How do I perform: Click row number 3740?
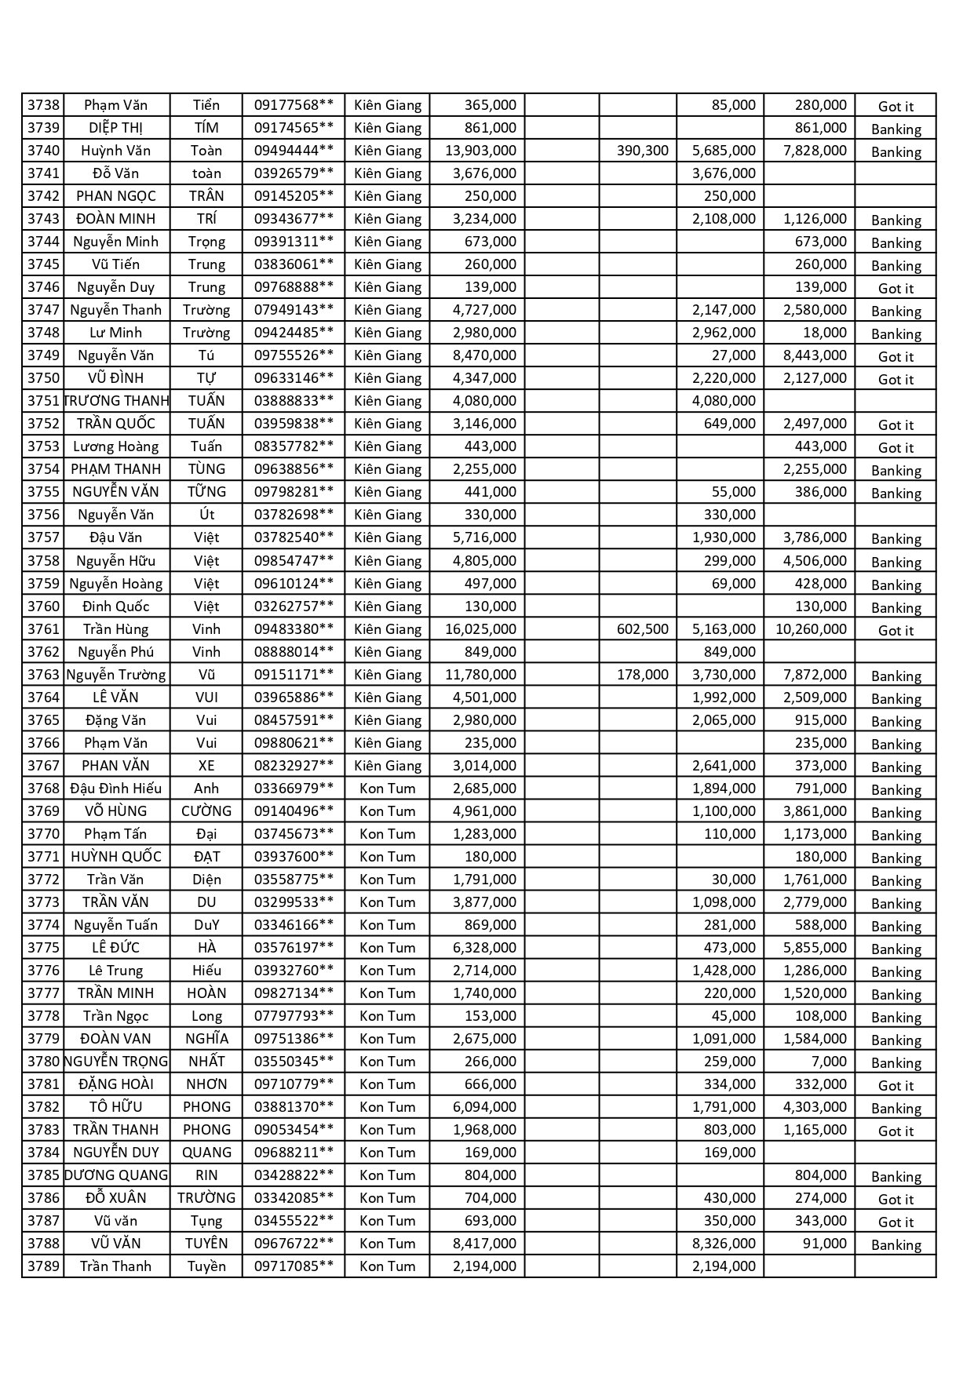(43, 151)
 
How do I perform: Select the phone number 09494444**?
(294, 151)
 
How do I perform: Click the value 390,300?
(642, 151)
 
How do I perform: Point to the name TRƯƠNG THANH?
(116, 401)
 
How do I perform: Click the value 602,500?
(642, 629)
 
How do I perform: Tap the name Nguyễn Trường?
(116, 675)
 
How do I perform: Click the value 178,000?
(642, 675)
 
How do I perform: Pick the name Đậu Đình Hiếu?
(116, 789)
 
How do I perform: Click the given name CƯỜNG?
(206, 811)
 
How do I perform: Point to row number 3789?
(43, 1266)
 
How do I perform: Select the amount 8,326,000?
(724, 1244)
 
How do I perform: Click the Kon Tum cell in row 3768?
(387, 789)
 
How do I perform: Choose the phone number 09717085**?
(294, 1266)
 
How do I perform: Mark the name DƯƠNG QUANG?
(116, 1175)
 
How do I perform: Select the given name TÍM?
(206, 128)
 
